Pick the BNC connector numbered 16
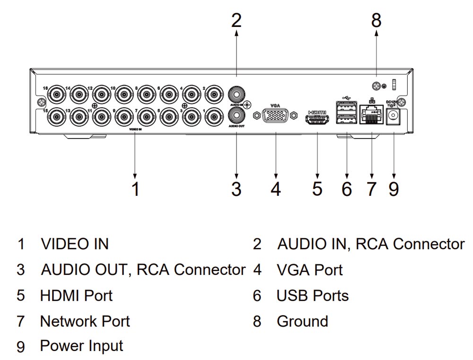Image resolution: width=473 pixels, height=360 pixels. tap(57, 94)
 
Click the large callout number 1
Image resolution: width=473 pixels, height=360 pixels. tap(135, 189)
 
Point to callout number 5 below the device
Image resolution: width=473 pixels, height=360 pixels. tap(317, 189)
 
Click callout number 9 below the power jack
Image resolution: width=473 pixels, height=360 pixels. tap(394, 189)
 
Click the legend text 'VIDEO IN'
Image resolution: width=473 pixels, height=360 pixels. tap(75, 244)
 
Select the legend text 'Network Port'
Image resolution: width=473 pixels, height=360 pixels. tap(85, 321)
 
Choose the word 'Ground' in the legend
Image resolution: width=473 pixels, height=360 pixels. tap(302, 321)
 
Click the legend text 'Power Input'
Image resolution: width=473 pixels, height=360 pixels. tap(81, 346)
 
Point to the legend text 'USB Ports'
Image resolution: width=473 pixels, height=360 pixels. tap(313, 296)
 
